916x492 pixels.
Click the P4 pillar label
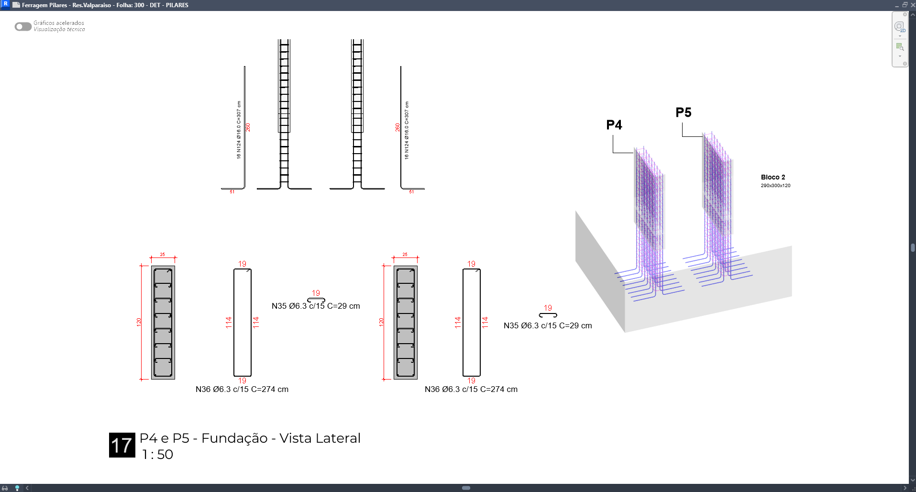(x=614, y=125)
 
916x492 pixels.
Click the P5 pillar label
(x=684, y=112)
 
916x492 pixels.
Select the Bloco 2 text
(x=773, y=177)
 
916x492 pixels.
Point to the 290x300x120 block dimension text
(x=775, y=186)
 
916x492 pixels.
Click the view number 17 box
(x=122, y=445)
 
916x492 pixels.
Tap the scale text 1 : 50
(x=157, y=454)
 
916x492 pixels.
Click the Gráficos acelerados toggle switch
(x=23, y=26)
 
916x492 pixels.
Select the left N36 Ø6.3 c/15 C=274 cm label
(x=242, y=389)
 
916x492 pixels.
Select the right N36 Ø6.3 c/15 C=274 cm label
(x=471, y=389)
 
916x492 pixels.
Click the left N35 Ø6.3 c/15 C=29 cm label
(x=316, y=306)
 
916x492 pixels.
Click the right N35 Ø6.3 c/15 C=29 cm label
(x=548, y=325)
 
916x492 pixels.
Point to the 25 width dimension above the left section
(x=163, y=255)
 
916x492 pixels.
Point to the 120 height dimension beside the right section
(x=381, y=322)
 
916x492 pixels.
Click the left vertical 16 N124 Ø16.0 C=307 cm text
(x=239, y=130)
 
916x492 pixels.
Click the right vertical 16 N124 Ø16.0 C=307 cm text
(x=407, y=130)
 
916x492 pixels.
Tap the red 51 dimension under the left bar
(x=232, y=192)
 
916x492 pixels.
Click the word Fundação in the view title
(x=234, y=438)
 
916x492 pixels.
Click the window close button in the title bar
(x=912, y=5)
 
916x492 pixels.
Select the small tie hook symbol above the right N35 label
(x=548, y=315)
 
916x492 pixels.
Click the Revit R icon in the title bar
(x=6, y=4)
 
